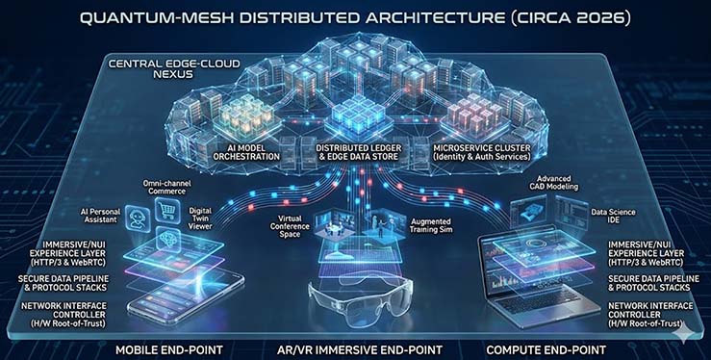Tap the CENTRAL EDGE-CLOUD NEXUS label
click(x=174, y=71)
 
